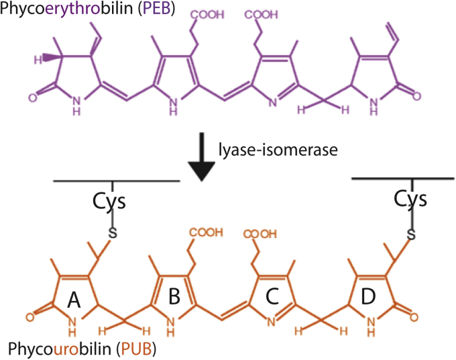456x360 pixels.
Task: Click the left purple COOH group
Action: (x=211, y=15)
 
